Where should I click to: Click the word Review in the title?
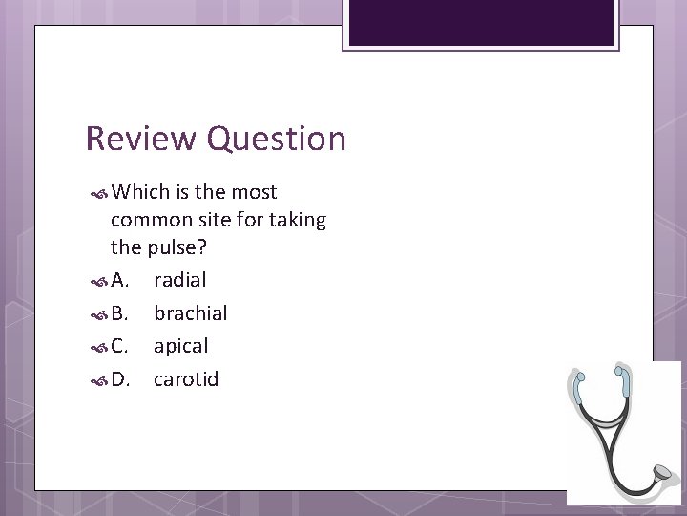pos(141,140)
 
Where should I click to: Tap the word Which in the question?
pos(140,192)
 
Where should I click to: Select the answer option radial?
pos(179,279)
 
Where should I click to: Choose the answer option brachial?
pos(190,312)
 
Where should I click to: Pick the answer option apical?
pos(180,346)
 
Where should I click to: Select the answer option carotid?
pos(186,378)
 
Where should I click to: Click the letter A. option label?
pos(120,279)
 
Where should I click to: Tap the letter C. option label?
pos(120,346)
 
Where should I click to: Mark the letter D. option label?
pos(121,378)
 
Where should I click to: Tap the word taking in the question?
pos(297,221)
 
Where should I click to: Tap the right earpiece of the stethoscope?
pos(621,371)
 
